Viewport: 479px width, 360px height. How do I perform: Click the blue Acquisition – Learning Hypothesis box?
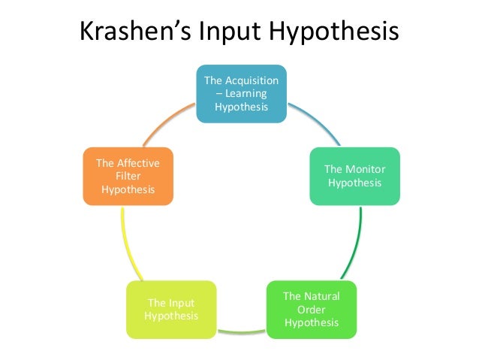(x=241, y=94)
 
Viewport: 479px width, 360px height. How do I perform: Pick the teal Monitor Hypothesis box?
(x=354, y=177)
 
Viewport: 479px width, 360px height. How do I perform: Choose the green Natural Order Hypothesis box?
(x=312, y=309)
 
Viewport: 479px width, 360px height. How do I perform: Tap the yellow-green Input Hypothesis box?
(x=171, y=309)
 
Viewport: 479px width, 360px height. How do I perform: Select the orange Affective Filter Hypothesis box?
(x=128, y=177)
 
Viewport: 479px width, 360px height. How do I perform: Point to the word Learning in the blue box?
(x=243, y=94)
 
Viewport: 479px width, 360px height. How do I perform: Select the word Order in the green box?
(x=312, y=309)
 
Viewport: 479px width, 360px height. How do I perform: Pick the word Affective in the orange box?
(x=128, y=163)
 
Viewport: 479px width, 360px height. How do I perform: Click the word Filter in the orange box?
(x=128, y=176)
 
